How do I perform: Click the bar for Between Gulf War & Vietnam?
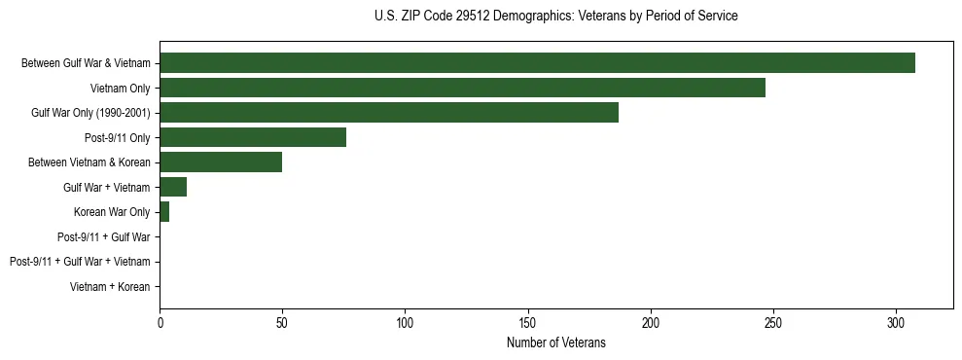pos(537,62)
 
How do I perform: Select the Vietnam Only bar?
pos(462,88)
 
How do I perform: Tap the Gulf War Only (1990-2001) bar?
pos(389,113)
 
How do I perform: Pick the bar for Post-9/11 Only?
pos(253,137)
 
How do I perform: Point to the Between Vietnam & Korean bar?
pos(221,162)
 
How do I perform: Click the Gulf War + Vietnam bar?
pos(173,187)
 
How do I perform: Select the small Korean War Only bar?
pos(164,212)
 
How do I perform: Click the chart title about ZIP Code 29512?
pos(555,17)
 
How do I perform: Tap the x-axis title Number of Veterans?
pos(555,342)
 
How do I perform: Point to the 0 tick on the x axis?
pos(160,321)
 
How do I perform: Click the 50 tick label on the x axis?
pos(282,321)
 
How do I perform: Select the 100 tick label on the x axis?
pos(405,321)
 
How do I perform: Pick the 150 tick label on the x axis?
pos(527,321)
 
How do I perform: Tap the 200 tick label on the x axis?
pos(651,321)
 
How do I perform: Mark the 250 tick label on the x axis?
pos(773,321)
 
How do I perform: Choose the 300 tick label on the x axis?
pos(896,321)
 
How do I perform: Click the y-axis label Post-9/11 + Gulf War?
pos(103,237)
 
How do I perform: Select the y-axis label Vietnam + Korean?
pos(110,287)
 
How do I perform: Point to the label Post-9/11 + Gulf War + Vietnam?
pos(80,262)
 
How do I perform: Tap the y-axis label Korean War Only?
pos(112,212)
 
